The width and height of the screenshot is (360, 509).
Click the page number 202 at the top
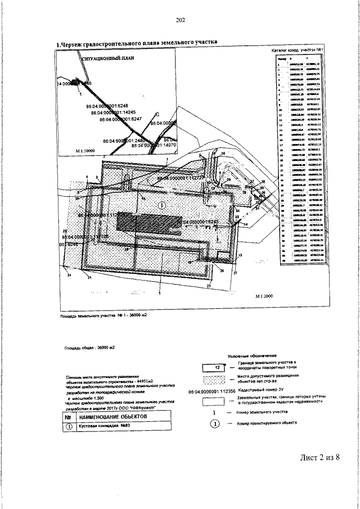pyautogui.click(x=180, y=21)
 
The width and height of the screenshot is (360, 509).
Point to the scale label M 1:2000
pyautogui.click(x=263, y=296)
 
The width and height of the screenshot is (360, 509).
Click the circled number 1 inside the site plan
pyautogui.click(x=162, y=206)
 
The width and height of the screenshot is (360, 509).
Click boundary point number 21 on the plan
pyautogui.click(x=89, y=277)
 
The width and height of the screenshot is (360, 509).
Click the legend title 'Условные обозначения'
pyautogui.click(x=252, y=356)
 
